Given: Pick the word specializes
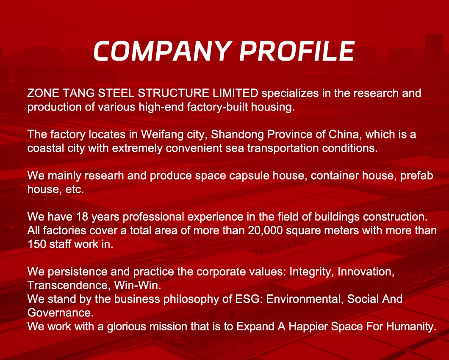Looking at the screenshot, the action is pyautogui.click(x=290, y=93).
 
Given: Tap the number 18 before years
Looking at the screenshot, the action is pyautogui.click(x=82, y=217).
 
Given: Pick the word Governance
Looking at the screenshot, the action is pyautogui.click(x=61, y=313).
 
